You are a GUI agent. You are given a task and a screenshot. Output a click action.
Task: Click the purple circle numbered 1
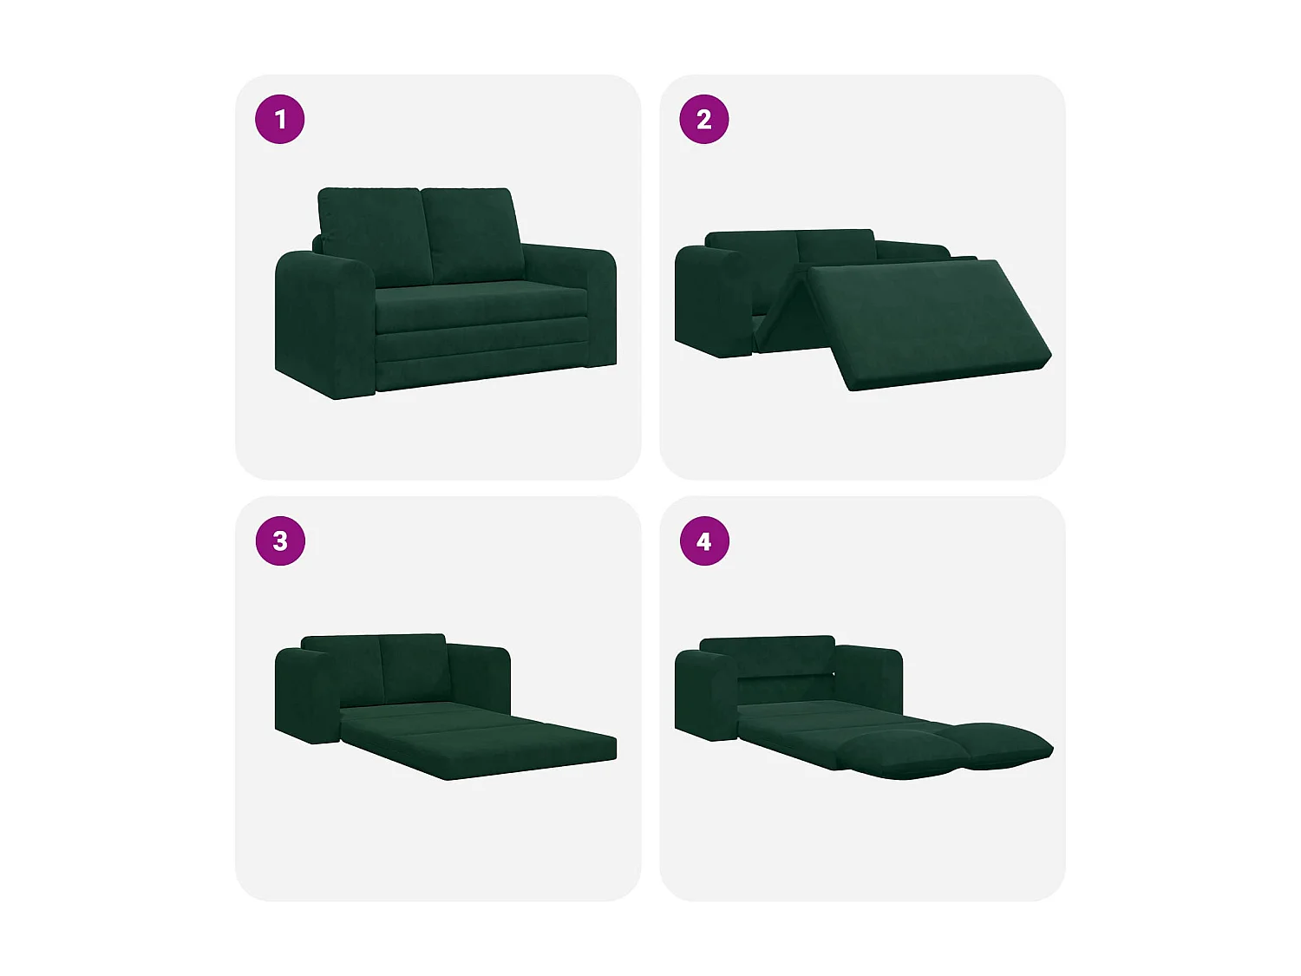pyautogui.click(x=280, y=119)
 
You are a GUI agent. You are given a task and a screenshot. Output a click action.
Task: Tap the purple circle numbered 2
pyautogui.click(x=704, y=119)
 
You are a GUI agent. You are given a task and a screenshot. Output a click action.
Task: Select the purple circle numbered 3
pyautogui.click(x=280, y=541)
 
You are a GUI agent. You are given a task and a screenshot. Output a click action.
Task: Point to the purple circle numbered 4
pyautogui.click(x=704, y=541)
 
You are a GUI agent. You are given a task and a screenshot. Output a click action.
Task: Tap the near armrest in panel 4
pyautogui.click(x=705, y=694)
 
